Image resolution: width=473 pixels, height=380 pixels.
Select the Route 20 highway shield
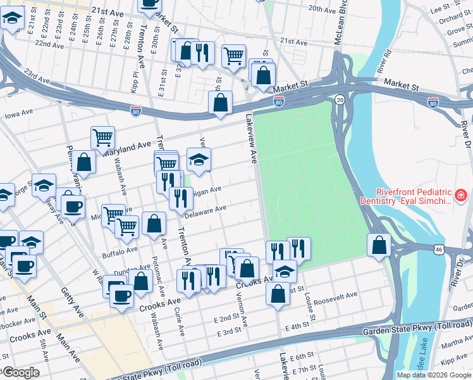(340, 101)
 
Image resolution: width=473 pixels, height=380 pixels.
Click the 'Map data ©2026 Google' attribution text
(434, 375)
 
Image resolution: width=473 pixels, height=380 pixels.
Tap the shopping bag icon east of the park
(379, 244)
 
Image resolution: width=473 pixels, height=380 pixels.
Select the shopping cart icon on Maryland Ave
(102, 136)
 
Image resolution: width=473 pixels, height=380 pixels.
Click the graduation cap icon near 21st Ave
(11, 19)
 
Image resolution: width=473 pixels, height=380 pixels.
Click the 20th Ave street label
(321, 9)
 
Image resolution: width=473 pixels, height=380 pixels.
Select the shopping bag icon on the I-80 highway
(221, 102)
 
